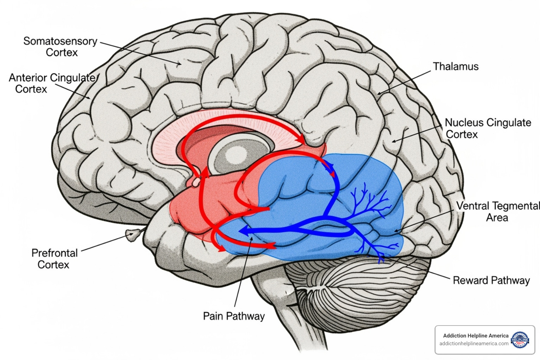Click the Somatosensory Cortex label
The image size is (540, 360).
pyautogui.click(x=60, y=46)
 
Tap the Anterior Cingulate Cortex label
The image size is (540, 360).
pyautogui.click(x=52, y=83)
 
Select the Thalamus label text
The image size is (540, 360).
pyautogui.click(x=456, y=66)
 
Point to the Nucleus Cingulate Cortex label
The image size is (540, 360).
pyautogui.click(x=488, y=128)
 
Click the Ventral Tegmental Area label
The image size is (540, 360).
pyautogui.click(x=497, y=211)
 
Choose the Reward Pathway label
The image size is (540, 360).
pyautogui.click(x=491, y=280)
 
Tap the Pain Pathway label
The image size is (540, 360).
pyautogui.click(x=234, y=316)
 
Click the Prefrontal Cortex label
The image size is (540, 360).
pyautogui.click(x=54, y=258)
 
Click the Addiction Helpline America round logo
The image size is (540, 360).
pyautogui.click(x=520, y=340)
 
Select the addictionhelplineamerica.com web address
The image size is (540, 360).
pyautogui.click(x=474, y=343)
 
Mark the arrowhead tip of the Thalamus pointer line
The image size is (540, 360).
pyautogui.click(x=378, y=94)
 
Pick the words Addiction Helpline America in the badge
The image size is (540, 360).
pyautogui.click(x=476, y=336)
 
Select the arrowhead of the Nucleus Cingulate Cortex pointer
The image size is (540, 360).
pyautogui.click(x=393, y=142)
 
